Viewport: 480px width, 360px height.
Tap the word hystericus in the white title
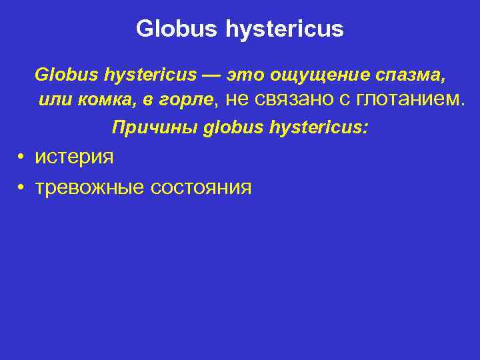click(x=285, y=29)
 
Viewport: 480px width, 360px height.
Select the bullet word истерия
click(x=74, y=157)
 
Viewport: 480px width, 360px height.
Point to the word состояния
click(x=201, y=187)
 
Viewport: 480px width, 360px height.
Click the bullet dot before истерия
click(x=22, y=157)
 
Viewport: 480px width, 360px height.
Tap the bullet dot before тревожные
click(x=22, y=187)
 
